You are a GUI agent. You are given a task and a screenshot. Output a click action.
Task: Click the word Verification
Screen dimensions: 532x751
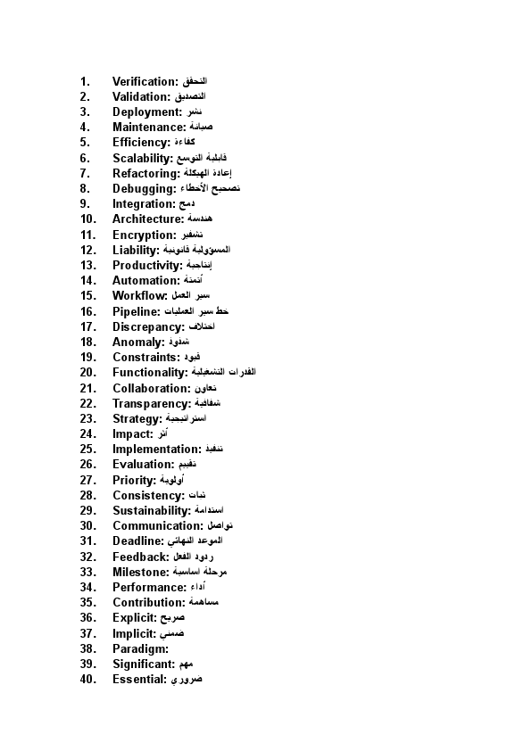click(x=145, y=81)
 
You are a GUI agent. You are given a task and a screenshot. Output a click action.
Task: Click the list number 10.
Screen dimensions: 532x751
click(x=87, y=219)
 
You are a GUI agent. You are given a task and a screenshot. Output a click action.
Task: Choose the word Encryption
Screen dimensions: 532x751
click(x=144, y=235)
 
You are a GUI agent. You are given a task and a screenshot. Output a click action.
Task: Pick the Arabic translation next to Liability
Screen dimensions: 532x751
click(x=201, y=250)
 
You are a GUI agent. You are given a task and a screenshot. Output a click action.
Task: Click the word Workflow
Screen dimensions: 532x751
click(x=140, y=296)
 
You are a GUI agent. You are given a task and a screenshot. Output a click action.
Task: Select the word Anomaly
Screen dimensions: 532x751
click(x=138, y=342)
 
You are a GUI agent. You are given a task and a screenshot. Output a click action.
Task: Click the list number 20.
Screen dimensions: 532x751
click(x=87, y=373)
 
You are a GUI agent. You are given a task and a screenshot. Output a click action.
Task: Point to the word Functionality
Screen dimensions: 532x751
click(x=150, y=373)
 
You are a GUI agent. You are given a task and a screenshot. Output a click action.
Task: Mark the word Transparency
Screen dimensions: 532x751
click(x=151, y=404)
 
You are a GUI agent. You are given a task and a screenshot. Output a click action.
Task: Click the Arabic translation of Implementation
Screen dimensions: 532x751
click(x=214, y=450)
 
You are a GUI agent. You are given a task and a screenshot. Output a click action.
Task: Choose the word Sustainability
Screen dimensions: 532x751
click(x=152, y=511)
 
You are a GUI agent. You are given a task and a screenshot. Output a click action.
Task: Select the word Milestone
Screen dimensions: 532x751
click(x=141, y=573)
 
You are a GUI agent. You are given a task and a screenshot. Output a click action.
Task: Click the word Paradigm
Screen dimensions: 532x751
click(x=140, y=649)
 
